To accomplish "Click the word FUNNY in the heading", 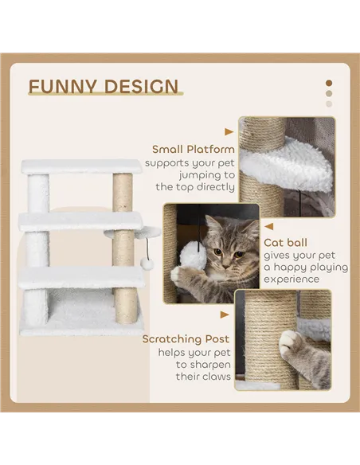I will [x=63, y=86].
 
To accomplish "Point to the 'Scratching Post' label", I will [x=186, y=339].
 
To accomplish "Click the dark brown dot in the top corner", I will [x=328, y=83].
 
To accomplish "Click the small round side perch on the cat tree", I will [x=148, y=232].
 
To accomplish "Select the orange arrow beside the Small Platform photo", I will [x=229, y=132].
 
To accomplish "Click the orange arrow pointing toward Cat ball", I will [x=271, y=225].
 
